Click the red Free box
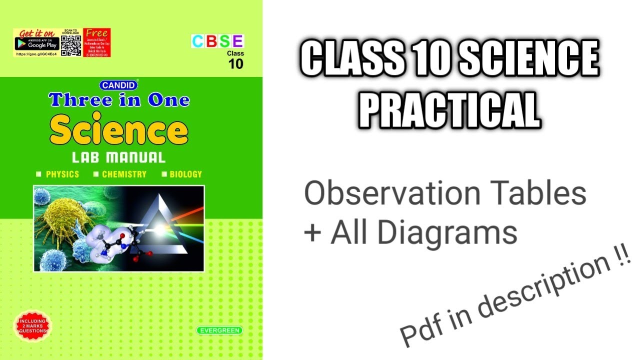pyautogui.click(x=96, y=42)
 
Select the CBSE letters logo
pyautogui.click(x=217, y=41)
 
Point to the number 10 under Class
pyautogui.click(x=235, y=63)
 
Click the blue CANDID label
pyautogui.click(x=118, y=85)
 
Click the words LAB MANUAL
pyautogui.click(x=118, y=158)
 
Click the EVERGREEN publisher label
pyautogui.click(x=219, y=330)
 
